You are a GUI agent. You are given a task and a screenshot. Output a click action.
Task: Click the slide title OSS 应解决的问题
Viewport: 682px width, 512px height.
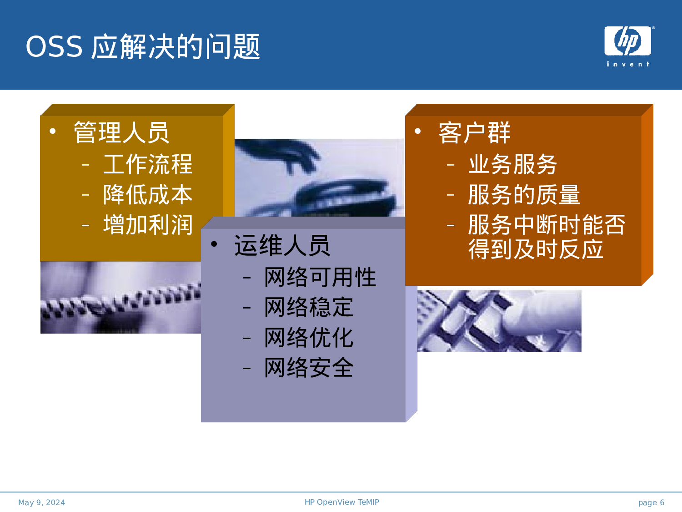(143, 46)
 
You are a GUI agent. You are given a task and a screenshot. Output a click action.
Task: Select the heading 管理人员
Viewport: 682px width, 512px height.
(121, 132)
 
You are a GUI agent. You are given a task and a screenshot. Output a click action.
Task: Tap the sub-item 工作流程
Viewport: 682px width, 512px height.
(148, 164)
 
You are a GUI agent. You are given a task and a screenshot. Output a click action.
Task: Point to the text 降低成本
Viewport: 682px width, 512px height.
(148, 195)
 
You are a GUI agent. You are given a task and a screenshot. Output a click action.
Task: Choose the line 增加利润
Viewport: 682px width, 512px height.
(148, 225)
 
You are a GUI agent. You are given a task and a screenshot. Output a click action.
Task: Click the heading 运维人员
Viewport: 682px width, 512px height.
(282, 246)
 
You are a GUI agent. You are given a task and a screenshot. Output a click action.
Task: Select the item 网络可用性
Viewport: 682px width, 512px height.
(320, 277)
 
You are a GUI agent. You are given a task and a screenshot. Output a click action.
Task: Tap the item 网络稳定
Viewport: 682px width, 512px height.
(309, 307)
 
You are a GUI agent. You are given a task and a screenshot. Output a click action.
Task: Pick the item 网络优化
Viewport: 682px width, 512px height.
(309, 338)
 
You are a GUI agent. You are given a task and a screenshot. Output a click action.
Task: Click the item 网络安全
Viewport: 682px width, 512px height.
(309, 368)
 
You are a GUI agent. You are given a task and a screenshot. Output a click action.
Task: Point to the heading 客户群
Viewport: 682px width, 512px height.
(474, 133)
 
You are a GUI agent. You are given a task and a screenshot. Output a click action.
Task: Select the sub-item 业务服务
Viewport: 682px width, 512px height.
(512, 164)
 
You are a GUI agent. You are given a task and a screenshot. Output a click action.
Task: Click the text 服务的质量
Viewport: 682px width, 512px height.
(524, 195)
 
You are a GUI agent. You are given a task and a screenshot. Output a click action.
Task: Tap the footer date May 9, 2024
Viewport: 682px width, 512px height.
(41, 502)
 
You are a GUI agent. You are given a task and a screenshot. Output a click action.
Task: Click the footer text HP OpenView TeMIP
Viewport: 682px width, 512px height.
(341, 502)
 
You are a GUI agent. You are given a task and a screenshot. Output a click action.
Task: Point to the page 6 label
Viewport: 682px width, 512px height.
(651, 502)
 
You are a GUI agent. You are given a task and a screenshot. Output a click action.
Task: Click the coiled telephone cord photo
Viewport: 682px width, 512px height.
(120, 298)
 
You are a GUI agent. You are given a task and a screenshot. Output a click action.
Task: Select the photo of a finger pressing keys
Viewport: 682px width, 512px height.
(499, 321)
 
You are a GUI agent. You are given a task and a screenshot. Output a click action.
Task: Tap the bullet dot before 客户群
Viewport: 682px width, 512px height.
(418, 132)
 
